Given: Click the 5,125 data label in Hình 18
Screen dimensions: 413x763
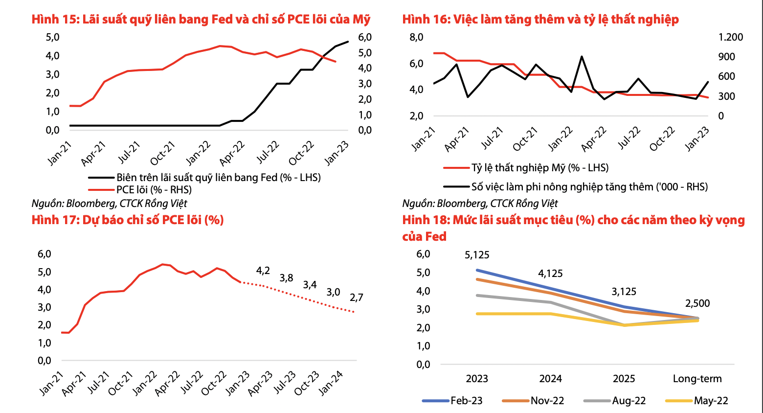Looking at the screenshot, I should pyautogui.click(x=477, y=255).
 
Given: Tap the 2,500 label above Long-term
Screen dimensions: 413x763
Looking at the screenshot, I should pyautogui.click(x=697, y=303).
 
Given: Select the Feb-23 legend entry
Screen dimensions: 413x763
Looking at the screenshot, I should pyautogui.click(x=466, y=401).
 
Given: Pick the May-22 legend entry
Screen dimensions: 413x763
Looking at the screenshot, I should pyautogui.click(x=711, y=401).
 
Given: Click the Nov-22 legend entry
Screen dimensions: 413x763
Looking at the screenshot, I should pyautogui.click(x=547, y=401).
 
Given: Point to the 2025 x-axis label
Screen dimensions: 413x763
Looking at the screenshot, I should pyautogui.click(x=624, y=379).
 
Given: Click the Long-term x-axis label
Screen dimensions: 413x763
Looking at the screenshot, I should pyautogui.click(x=697, y=379).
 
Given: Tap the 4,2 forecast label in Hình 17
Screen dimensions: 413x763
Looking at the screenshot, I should pyautogui.click(x=263, y=271).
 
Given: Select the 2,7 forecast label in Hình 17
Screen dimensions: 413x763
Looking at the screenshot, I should pyautogui.click(x=357, y=298).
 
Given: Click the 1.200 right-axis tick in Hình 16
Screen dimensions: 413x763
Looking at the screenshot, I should pyautogui.click(x=731, y=37).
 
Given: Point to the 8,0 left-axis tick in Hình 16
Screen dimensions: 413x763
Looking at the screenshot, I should pyautogui.click(x=416, y=37).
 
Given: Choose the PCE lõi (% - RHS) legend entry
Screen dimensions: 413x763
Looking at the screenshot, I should pyautogui.click(x=154, y=190).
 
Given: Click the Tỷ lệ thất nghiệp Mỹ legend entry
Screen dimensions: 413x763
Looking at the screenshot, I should pyautogui.click(x=540, y=168).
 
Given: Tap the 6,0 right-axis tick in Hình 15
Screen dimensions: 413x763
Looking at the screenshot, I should pyautogui.click(x=365, y=37).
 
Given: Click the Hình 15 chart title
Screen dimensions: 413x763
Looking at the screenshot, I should pyautogui.click(x=201, y=20).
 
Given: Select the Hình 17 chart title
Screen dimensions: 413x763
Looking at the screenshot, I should pyautogui.click(x=128, y=220).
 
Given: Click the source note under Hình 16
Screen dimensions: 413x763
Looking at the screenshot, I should pyautogui.click(x=480, y=204).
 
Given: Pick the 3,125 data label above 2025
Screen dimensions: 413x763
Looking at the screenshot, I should pyautogui.click(x=624, y=292).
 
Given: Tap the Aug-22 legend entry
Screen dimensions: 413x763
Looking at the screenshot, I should pyautogui.click(x=628, y=401).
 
